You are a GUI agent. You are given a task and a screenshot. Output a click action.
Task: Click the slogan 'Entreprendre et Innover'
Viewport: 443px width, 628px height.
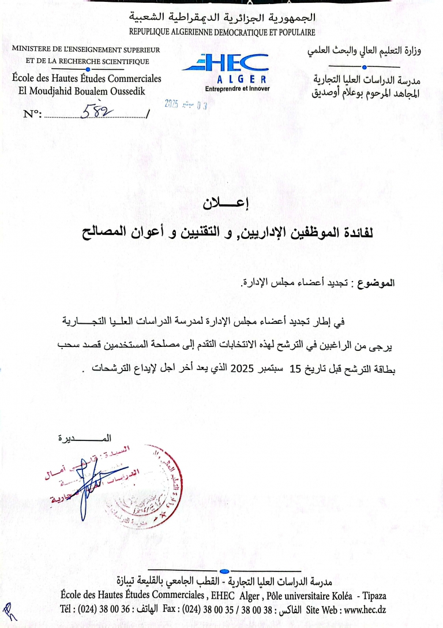[236, 89]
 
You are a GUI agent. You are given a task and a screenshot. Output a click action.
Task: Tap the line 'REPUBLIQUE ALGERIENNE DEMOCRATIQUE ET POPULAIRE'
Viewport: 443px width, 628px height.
[222, 33]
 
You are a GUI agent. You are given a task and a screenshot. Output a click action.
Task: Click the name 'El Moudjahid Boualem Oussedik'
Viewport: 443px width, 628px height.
[82, 91]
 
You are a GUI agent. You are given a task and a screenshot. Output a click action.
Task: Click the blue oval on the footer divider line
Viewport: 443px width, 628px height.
[224, 571]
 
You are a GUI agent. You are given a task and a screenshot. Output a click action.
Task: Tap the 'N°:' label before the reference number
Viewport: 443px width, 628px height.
[32, 114]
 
